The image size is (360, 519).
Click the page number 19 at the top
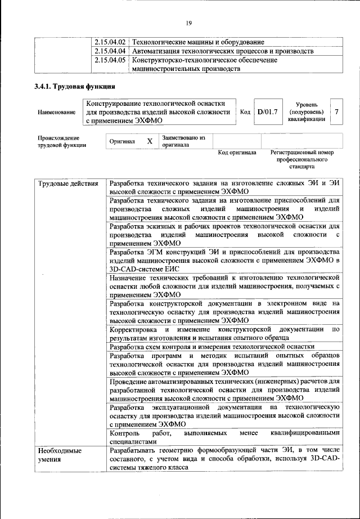pos(188,23)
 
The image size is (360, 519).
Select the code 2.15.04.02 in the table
pos(110,42)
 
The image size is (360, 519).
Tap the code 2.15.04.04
pos(110,51)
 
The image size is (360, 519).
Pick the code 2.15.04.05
pos(110,60)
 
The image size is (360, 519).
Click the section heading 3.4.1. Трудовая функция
pos(75,87)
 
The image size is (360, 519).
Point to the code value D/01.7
pos(267,111)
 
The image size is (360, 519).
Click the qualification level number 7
pos(336,111)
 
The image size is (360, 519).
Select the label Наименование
pos(57,113)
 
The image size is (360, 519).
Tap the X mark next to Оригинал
pos(150,141)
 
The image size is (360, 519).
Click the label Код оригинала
pos(237,153)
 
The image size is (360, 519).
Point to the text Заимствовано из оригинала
pos(184,141)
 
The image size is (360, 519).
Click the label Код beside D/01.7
pos(245,111)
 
